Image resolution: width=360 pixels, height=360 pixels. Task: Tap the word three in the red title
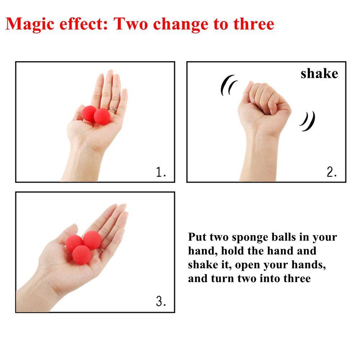click(x=254, y=24)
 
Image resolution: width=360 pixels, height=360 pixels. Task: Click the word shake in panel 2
click(x=319, y=73)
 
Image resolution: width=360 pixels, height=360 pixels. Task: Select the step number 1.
click(x=161, y=172)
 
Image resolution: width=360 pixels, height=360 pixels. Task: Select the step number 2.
click(x=332, y=172)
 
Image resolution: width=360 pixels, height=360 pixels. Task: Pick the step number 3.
click(x=161, y=301)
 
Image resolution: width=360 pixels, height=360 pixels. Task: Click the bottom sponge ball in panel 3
click(x=81, y=255)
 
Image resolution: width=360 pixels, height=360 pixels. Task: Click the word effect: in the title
click(x=84, y=24)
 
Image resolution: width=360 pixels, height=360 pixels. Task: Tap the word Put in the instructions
click(x=197, y=237)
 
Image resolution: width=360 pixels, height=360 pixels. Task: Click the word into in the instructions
click(x=270, y=278)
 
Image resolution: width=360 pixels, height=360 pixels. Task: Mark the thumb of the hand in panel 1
click(x=79, y=112)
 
